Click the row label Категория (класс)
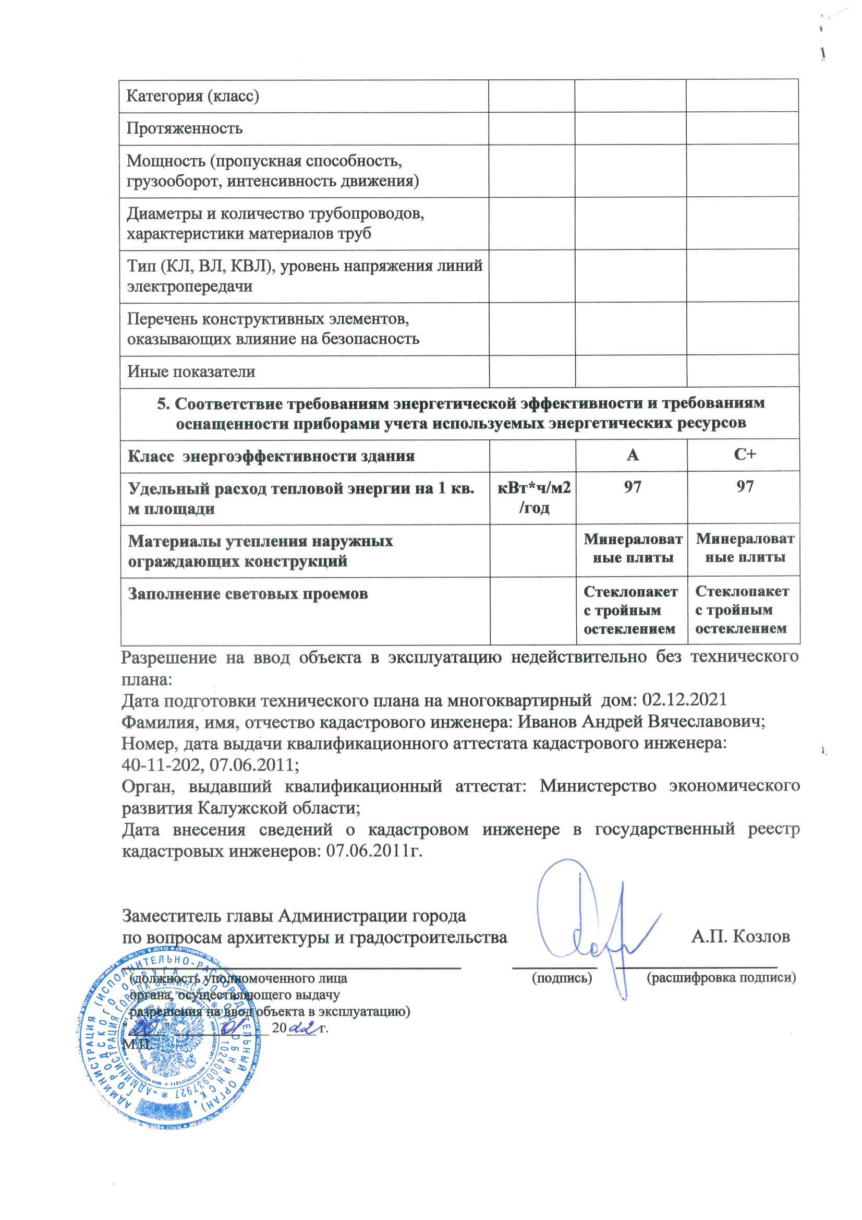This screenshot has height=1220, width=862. [192, 96]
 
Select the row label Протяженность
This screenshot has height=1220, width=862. [184, 128]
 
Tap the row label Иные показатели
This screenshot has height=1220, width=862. [191, 372]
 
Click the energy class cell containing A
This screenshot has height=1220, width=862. [632, 456]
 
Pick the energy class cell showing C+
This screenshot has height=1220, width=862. [745, 455]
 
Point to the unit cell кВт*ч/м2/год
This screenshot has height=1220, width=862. [534, 498]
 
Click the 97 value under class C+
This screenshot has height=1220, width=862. [745, 486]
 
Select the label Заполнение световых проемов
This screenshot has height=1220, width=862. [248, 593]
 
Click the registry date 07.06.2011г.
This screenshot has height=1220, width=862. [374, 851]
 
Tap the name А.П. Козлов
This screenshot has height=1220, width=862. [740, 936]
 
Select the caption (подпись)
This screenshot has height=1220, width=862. [562, 978]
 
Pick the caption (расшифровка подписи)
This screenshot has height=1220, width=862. [721, 978]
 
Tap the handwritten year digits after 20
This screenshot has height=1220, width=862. [300, 1028]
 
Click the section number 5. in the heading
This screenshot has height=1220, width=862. [163, 404]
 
